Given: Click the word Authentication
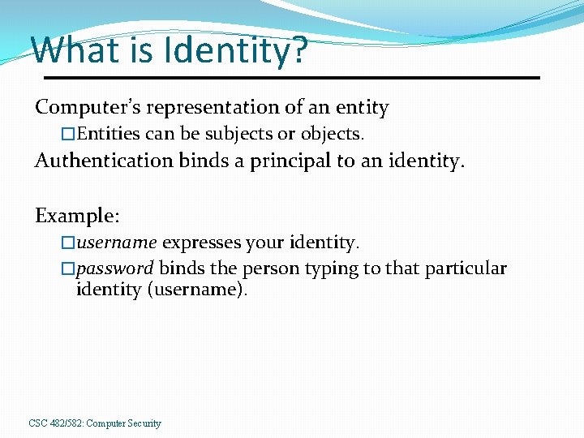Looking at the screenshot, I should point(104,161).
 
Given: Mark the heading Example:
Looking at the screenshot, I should point(77,216).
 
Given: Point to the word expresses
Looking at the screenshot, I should point(195,242).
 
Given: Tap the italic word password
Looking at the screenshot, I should point(114,268).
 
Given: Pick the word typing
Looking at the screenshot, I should point(327,268).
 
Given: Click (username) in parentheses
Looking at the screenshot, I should point(195,290).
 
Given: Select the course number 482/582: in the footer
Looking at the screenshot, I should point(66,423).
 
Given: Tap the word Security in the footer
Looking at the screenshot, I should point(144,423).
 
